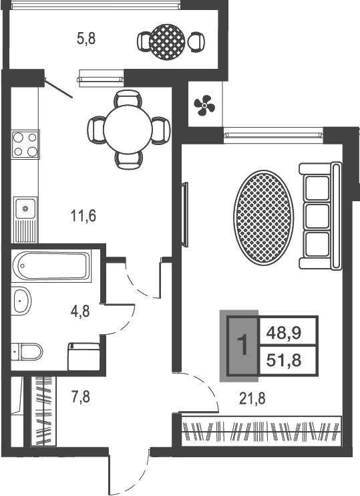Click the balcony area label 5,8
coord(86,39)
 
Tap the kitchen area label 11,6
coord(83,216)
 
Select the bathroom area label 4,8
coord(81,312)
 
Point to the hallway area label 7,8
coord(81,396)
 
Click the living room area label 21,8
coord(252,398)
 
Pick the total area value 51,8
coord(284,360)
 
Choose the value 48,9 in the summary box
coord(284,332)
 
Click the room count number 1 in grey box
coord(242,346)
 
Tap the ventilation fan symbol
coord(204,105)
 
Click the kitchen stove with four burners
coord(25,144)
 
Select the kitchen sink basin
coord(25,208)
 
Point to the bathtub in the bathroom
coord(51,266)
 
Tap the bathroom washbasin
coord(21,301)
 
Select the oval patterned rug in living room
coord(264,217)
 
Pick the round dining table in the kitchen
coord(128,130)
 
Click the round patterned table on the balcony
coord(168,41)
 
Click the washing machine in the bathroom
coord(83,356)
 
